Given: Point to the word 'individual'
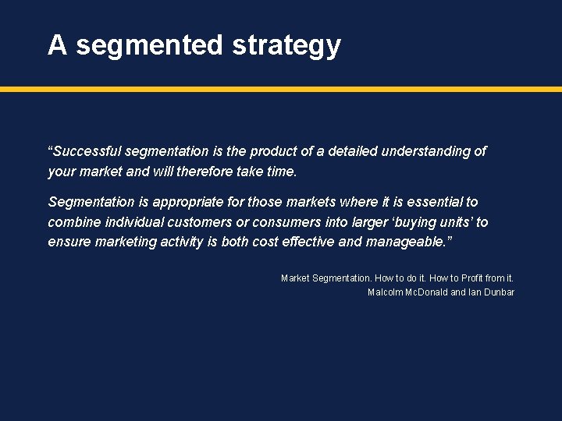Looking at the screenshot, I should tap(132, 222).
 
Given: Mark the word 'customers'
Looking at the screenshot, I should tap(198, 222).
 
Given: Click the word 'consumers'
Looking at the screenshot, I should tap(284, 222).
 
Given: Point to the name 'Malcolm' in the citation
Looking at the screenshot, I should tap(386, 292).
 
